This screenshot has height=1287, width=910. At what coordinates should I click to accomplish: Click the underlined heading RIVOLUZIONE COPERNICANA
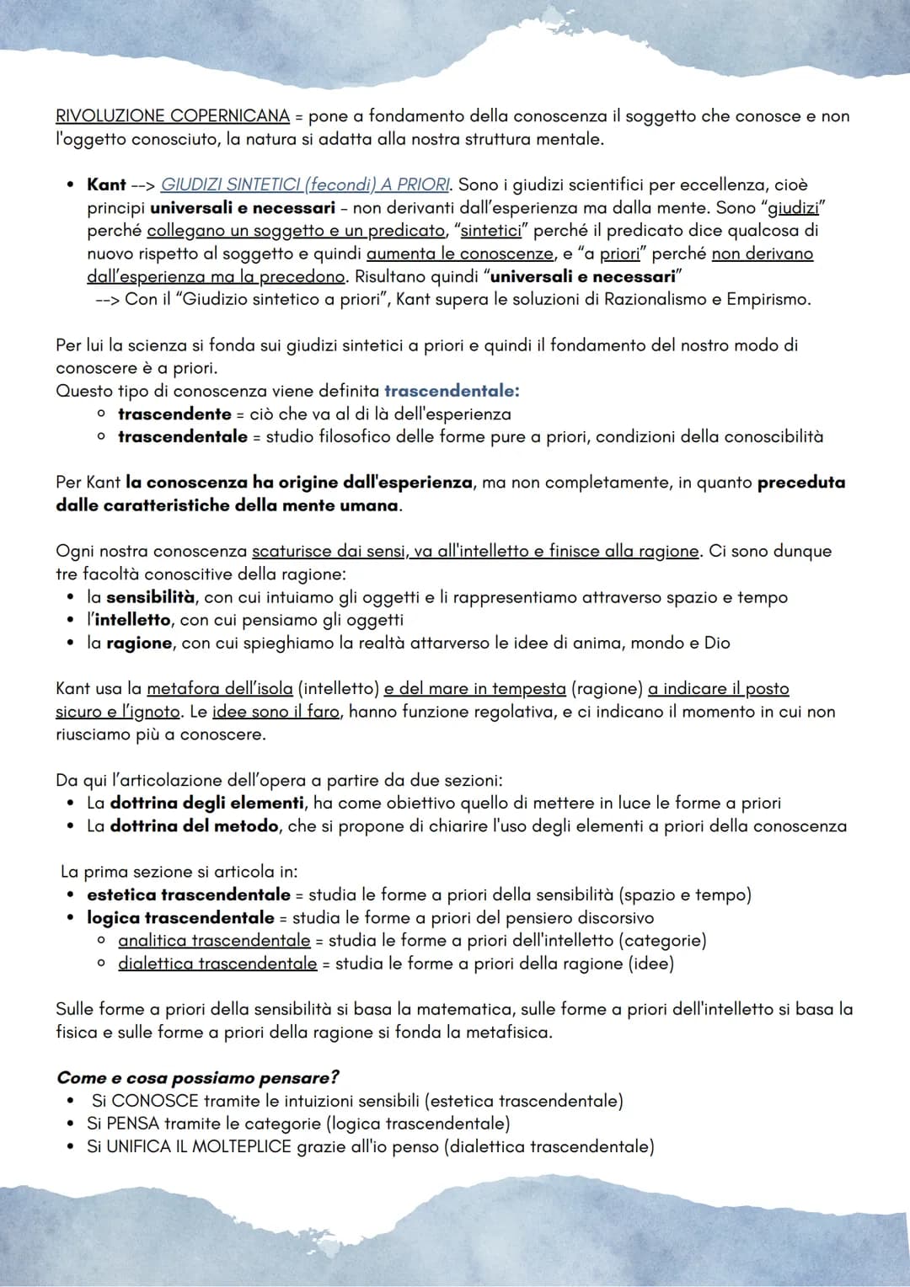pyautogui.click(x=173, y=116)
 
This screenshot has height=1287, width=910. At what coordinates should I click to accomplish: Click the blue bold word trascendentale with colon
pyautogui.click(x=452, y=391)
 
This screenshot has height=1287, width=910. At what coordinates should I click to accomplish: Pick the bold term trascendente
pyautogui.click(x=174, y=414)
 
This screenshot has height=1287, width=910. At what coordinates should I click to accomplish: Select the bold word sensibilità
pyautogui.click(x=151, y=597)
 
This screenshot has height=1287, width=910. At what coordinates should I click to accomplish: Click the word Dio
pyautogui.click(x=717, y=643)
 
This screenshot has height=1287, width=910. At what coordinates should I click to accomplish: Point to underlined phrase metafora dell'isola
pyautogui.click(x=220, y=689)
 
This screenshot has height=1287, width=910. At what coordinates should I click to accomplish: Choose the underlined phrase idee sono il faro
pyautogui.click(x=276, y=712)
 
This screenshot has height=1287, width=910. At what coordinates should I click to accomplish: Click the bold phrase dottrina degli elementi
pyautogui.click(x=207, y=803)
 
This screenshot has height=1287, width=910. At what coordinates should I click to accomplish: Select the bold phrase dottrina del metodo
pyautogui.click(x=195, y=826)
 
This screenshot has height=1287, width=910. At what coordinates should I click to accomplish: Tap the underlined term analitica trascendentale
pyautogui.click(x=214, y=940)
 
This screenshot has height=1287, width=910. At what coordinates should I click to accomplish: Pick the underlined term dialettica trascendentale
pyautogui.click(x=217, y=963)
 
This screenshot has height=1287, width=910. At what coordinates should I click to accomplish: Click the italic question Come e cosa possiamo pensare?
pyautogui.click(x=198, y=1078)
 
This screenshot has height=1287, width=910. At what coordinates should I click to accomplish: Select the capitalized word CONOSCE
pyautogui.click(x=154, y=1101)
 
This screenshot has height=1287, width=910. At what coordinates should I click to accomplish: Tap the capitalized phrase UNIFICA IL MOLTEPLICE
pyautogui.click(x=200, y=1146)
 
